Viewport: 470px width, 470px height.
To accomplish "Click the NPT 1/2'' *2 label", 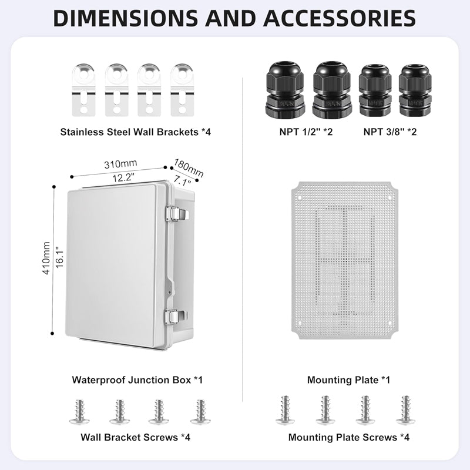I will click(306, 132).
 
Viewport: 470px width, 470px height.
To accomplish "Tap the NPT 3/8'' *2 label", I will click(390, 132).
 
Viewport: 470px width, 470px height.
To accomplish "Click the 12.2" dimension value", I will click(121, 176).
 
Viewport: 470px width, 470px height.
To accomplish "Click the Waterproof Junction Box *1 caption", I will click(137, 380).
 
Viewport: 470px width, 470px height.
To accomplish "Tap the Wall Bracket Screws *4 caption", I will click(135, 437).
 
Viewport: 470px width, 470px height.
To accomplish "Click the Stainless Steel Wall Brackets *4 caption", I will click(135, 132).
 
